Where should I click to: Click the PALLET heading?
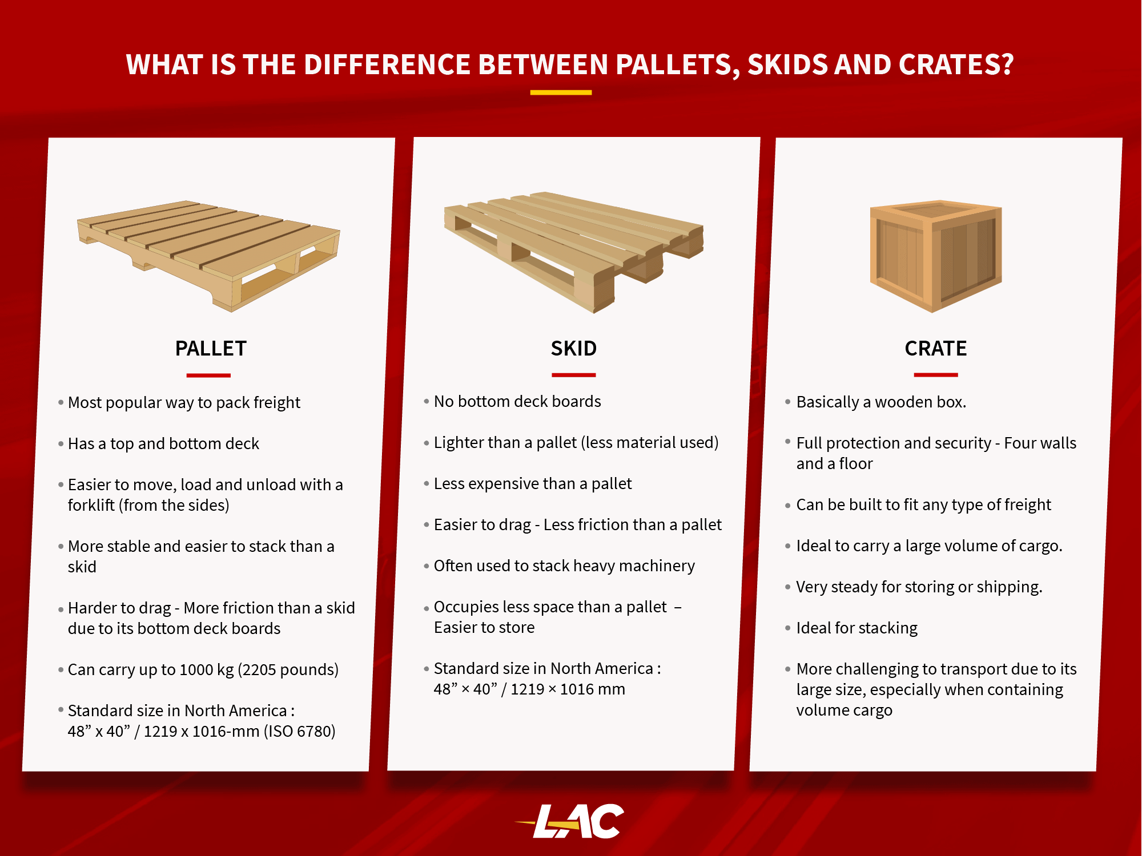[211, 348]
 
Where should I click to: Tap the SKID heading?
[574, 348]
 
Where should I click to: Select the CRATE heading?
[936, 348]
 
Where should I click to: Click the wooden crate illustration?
[936, 256]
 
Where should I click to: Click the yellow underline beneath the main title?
[561, 92]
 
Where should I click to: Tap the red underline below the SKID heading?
[574, 375]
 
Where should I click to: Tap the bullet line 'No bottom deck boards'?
[517, 402]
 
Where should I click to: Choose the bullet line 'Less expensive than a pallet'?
[533, 484]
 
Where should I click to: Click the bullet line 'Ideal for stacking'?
[857, 628]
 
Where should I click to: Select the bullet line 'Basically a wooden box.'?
[881, 402]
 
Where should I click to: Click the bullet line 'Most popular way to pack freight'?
[184, 403]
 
